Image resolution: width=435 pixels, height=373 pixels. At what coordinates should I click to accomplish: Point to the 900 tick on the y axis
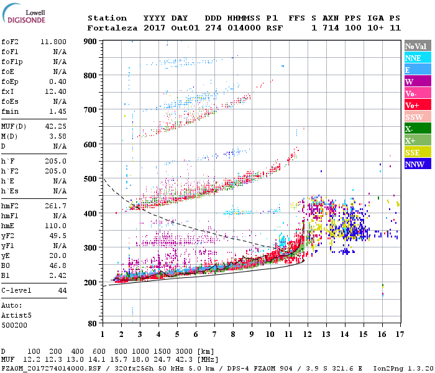91,41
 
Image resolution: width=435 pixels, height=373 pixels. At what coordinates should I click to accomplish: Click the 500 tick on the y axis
91,178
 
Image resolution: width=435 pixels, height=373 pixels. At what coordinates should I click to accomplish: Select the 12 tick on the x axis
307,334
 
